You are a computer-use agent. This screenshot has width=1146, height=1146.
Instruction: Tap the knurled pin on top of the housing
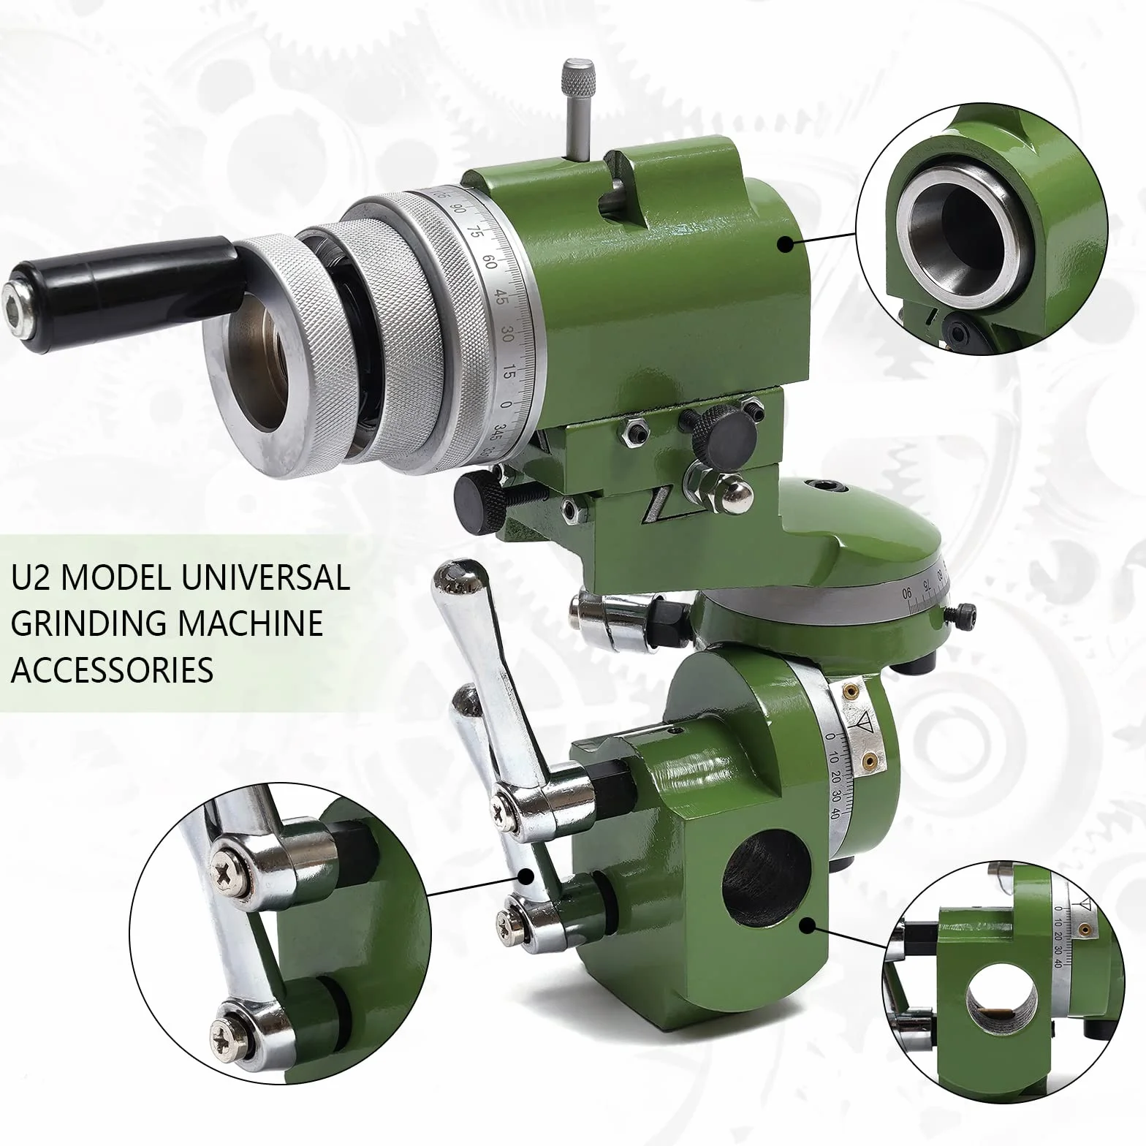(578, 110)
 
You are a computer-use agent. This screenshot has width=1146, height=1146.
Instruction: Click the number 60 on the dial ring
(492, 262)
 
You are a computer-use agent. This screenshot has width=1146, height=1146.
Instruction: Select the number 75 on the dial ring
(477, 232)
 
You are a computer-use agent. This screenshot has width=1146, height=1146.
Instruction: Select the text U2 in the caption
(30, 579)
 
